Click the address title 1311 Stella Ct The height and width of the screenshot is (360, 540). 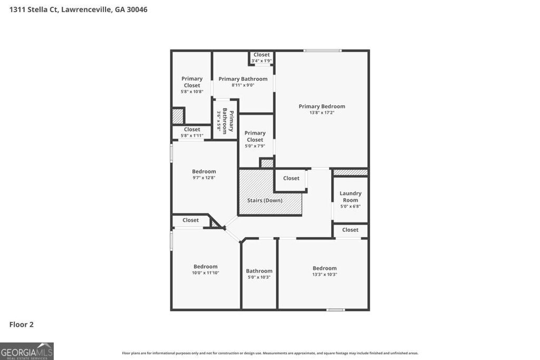[x=78, y=9]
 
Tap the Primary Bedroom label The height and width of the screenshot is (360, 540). [x=322, y=106]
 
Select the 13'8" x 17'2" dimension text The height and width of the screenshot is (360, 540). [x=322, y=113]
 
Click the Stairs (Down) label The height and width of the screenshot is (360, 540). [x=265, y=200]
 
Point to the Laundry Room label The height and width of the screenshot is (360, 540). [x=350, y=197]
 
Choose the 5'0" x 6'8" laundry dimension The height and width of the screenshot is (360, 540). [x=350, y=206]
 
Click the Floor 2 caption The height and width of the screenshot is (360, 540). [x=22, y=325]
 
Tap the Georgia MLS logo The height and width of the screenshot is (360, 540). [x=27, y=351]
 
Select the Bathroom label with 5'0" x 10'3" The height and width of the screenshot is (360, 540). [x=259, y=271]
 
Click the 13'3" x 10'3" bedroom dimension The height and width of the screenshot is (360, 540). [x=324, y=275]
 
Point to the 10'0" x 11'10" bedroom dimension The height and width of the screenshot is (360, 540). [x=205, y=273]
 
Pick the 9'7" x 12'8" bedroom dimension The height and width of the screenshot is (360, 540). [x=204, y=178]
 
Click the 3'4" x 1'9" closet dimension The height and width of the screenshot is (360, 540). [x=262, y=61]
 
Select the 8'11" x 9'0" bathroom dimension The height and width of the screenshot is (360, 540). [x=243, y=85]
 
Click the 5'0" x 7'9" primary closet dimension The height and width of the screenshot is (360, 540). [x=255, y=146]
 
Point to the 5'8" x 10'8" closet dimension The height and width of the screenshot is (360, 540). [x=192, y=92]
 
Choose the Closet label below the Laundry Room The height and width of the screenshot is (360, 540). [x=350, y=230]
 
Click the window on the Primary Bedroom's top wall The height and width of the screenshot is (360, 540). [x=322, y=51]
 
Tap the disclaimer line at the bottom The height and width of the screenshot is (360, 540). [x=270, y=353]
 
